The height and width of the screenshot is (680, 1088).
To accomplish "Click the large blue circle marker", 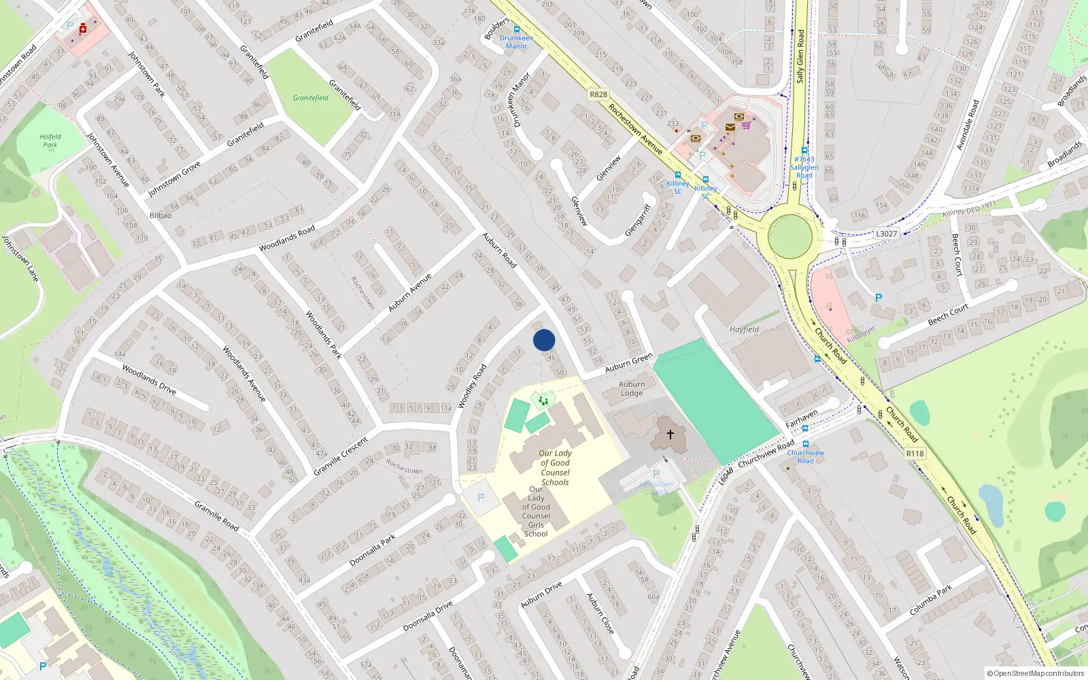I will (544, 340).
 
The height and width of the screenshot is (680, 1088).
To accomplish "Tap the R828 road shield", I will (598, 95).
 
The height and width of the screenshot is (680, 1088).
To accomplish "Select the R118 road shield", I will (915, 454).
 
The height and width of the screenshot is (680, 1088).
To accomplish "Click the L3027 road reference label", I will (886, 233).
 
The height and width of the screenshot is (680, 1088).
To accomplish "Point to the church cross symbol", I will (670, 434).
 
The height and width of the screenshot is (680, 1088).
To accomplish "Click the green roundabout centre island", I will (789, 237).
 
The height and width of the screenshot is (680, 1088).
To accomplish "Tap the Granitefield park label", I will (311, 98).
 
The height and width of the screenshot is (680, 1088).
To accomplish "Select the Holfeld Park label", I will (50, 141).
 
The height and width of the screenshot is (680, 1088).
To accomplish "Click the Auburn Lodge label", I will (632, 388).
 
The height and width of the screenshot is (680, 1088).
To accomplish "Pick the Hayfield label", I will (744, 329).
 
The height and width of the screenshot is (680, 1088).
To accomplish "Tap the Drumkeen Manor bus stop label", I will (516, 42).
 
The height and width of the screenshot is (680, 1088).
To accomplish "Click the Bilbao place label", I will (160, 215).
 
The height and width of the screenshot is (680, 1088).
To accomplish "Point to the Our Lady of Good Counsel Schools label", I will (555, 467).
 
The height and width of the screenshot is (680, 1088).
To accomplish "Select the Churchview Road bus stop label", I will (805, 456).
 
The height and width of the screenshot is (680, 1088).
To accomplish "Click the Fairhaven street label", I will (802, 418).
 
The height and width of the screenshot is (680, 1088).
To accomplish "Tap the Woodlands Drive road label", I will (149, 379).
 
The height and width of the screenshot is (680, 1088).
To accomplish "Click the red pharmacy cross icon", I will (82, 29).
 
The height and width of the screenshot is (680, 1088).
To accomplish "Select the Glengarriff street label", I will (638, 220).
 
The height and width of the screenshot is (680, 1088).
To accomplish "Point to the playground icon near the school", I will (543, 401).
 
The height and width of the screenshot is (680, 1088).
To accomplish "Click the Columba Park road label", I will (930, 600).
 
